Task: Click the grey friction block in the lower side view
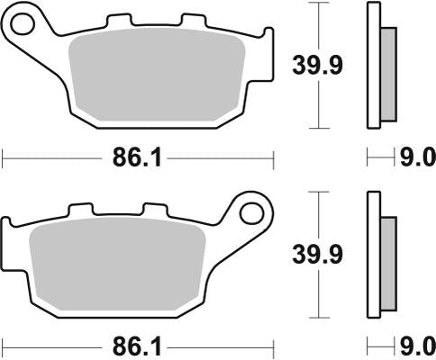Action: click(388, 261)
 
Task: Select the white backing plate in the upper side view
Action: click(373, 64)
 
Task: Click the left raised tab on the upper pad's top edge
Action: click(115, 20)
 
